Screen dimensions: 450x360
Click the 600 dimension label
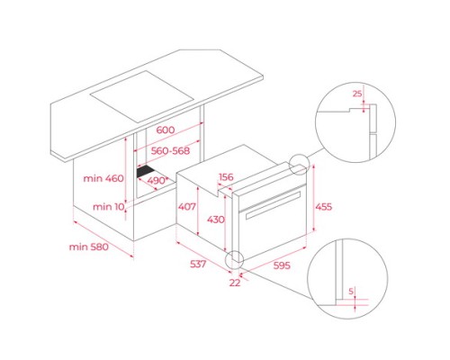166,130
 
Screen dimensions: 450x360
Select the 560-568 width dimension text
170,150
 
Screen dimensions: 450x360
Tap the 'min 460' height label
103,178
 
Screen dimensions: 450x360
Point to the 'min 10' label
108,207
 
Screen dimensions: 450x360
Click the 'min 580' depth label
89,247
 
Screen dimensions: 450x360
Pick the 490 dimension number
156,181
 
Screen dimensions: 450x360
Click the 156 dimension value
226,177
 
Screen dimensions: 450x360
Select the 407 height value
187,206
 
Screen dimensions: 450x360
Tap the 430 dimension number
216,220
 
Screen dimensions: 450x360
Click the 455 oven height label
324,206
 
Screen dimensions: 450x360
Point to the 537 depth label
198,264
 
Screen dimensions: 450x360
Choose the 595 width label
282,265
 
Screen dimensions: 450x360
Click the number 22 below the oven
235,283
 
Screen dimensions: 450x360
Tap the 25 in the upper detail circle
357,94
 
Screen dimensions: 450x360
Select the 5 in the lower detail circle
351,291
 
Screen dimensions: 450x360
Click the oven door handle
273,206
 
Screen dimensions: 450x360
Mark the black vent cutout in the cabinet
145,172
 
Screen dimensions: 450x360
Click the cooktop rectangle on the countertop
141,96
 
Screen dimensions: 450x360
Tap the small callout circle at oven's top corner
299,165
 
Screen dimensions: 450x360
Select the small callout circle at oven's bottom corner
235,260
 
